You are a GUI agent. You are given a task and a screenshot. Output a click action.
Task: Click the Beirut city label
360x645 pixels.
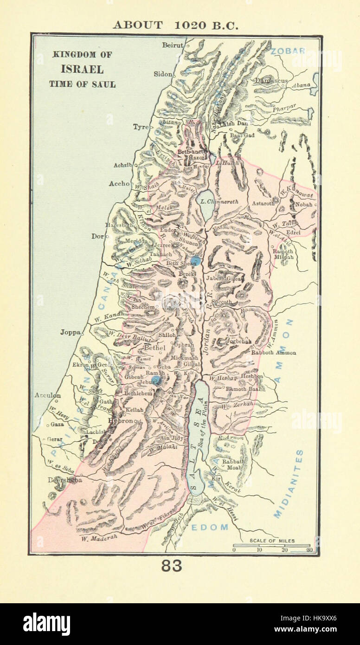pyautogui.click(x=173, y=45)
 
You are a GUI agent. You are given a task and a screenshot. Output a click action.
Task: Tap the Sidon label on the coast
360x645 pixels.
pyautogui.click(x=164, y=74)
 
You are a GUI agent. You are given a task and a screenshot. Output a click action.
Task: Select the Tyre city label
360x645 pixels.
pyautogui.click(x=141, y=126)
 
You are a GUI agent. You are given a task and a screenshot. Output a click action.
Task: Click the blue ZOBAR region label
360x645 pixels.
pyautogui.click(x=288, y=50)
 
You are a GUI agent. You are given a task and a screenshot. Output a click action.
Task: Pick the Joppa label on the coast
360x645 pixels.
pyautogui.click(x=70, y=332)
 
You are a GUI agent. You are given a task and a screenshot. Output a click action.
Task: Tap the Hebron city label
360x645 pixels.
pyautogui.click(x=120, y=420)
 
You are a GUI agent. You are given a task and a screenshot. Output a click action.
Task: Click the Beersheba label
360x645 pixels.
pyautogui.click(x=65, y=480)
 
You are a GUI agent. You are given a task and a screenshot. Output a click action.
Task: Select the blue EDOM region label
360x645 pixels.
pyautogui.click(x=211, y=527)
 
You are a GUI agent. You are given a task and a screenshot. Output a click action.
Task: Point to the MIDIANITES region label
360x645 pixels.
pyautogui.click(x=288, y=483)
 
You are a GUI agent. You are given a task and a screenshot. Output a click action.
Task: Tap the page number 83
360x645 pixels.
pyautogui.click(x=172, y=566)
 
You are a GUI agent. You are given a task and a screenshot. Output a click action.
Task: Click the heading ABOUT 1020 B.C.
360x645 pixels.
pyautogui.click(x=175, y=25)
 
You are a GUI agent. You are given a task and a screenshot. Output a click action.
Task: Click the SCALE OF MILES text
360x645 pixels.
pyautogui.click(x=272, y=541)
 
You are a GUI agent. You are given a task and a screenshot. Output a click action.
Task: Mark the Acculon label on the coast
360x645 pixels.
pyautogui.click(x=47, y=395)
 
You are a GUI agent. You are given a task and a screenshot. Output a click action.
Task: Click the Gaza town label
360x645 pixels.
pyautogui.click(x=57, y=424)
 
